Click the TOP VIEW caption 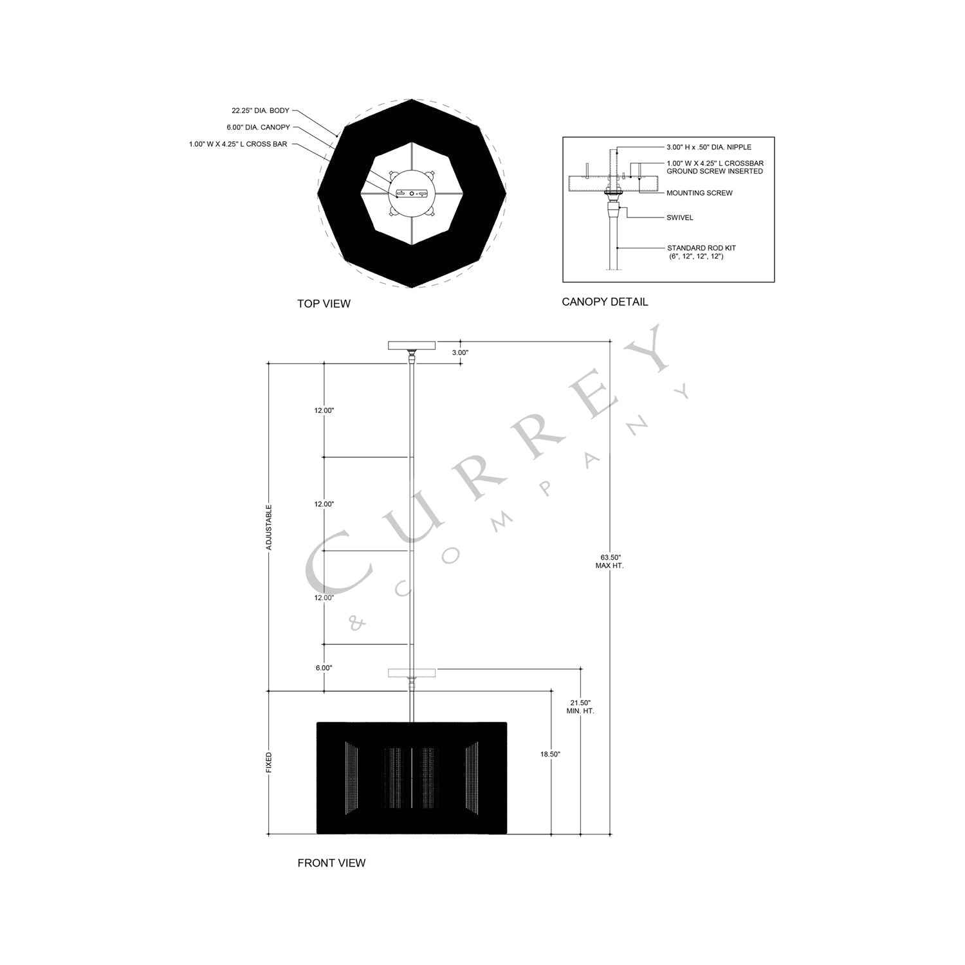pos(324,304)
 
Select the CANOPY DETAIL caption pos(605,302)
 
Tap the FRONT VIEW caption pos(331,863)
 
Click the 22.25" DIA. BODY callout pos(261,111)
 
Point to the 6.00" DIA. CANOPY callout pos(258,127)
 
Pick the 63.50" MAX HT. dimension pos(610,562)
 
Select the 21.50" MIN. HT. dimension pos(580,707)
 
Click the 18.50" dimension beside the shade pos(551,754)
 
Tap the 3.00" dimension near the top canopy pos(460,353)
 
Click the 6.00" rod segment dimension pos(324,668)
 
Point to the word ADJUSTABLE pos(269,526)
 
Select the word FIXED pos(269,763)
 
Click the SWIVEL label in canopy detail pos(679,217)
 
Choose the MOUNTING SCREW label pos(699,193)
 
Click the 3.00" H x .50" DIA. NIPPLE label pos(708,147)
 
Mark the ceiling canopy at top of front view pos(412,345)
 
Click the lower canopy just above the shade pos(412,674)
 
